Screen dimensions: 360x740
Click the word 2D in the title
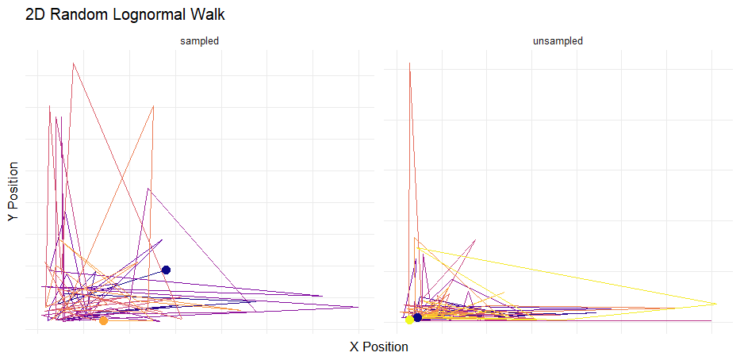tap(36, 14)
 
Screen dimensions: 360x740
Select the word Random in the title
tap(79, 14)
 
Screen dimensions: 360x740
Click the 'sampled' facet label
tap(199, 40)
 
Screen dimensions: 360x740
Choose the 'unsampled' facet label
tap(558, 40)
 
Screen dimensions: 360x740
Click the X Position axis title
tap(379, 347)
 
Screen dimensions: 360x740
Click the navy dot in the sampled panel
tap(166, 270)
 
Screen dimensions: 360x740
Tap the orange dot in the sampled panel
tap(104, 320)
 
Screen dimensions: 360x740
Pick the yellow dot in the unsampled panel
tap(409, 320)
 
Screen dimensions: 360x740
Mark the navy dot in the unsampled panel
tap(418, 318)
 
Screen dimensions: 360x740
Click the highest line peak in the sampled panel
tap(73, 63)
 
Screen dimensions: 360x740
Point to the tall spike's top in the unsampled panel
tap(409, 63)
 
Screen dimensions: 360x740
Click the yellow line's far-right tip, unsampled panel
tap(716, 304)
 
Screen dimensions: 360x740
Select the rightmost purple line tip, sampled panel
tap(358, 307)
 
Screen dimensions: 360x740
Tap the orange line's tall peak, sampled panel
tap(152, 105)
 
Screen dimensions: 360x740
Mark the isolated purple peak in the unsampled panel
tap(474, 239)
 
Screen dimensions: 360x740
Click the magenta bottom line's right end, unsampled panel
tap(711, 321)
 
